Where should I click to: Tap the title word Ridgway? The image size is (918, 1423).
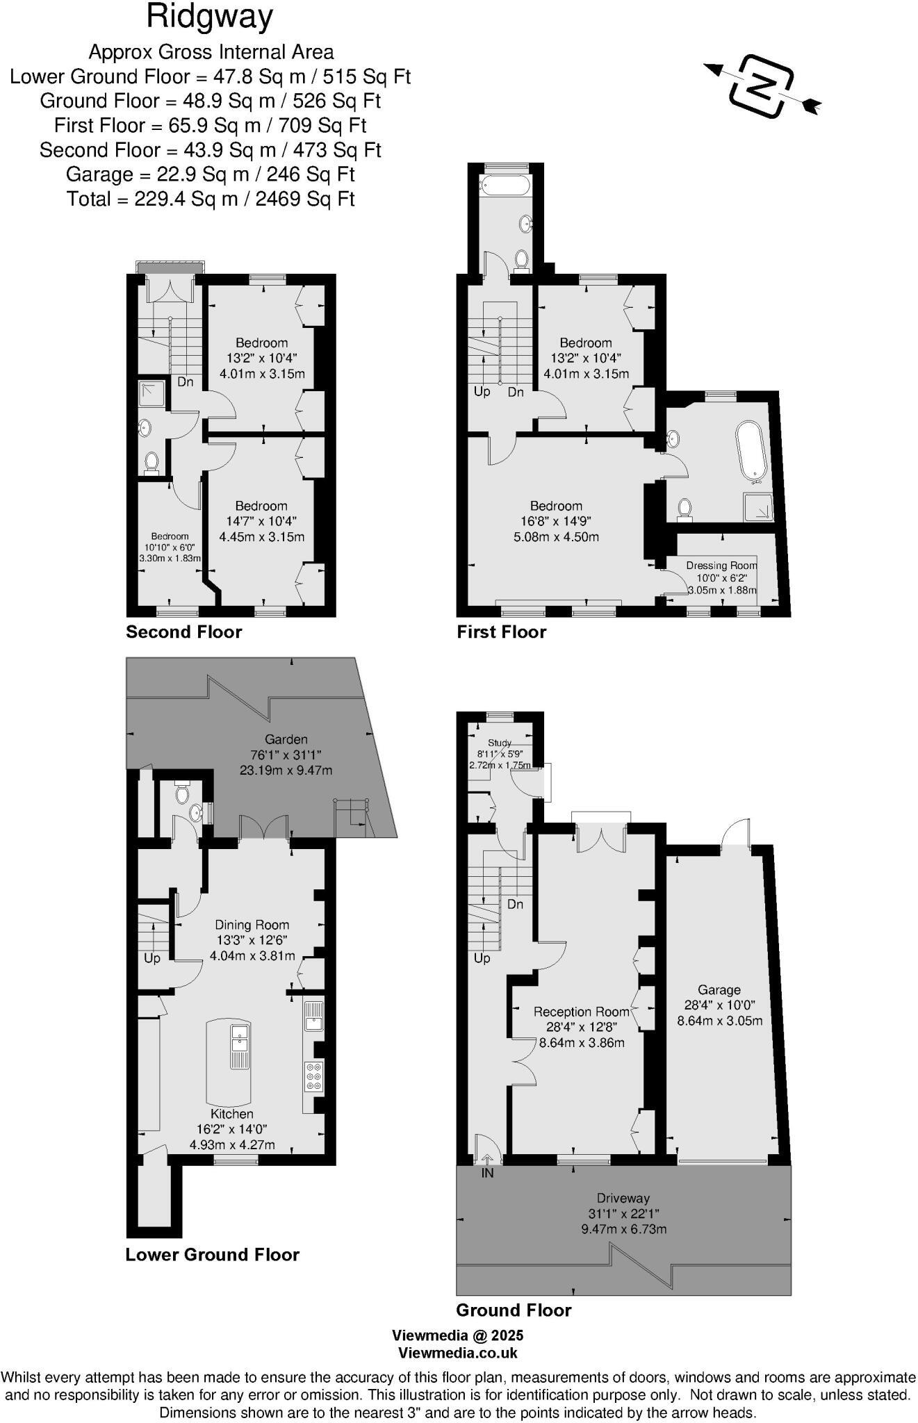click(210, 17)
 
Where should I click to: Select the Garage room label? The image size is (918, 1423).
click(719, 989)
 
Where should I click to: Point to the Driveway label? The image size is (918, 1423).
click(623, 1198)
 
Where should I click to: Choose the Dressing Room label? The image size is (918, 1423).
click(721, 565)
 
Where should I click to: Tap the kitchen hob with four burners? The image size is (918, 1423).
click(313, 1076)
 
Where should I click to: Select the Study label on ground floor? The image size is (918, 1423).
click(500, 743)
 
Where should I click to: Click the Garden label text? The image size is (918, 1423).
click(286, 739)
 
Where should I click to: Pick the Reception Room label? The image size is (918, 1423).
click(581, 1012)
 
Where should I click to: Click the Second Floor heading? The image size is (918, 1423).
click(183, 632)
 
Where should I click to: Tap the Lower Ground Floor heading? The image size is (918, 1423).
click(212, 1254)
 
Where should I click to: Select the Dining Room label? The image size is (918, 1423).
click(252, 925)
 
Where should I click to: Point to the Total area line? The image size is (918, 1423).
click(211, 199)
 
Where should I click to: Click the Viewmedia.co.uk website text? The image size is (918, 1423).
click(457, 1353)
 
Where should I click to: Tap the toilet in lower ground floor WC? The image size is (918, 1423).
click(182, 793)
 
